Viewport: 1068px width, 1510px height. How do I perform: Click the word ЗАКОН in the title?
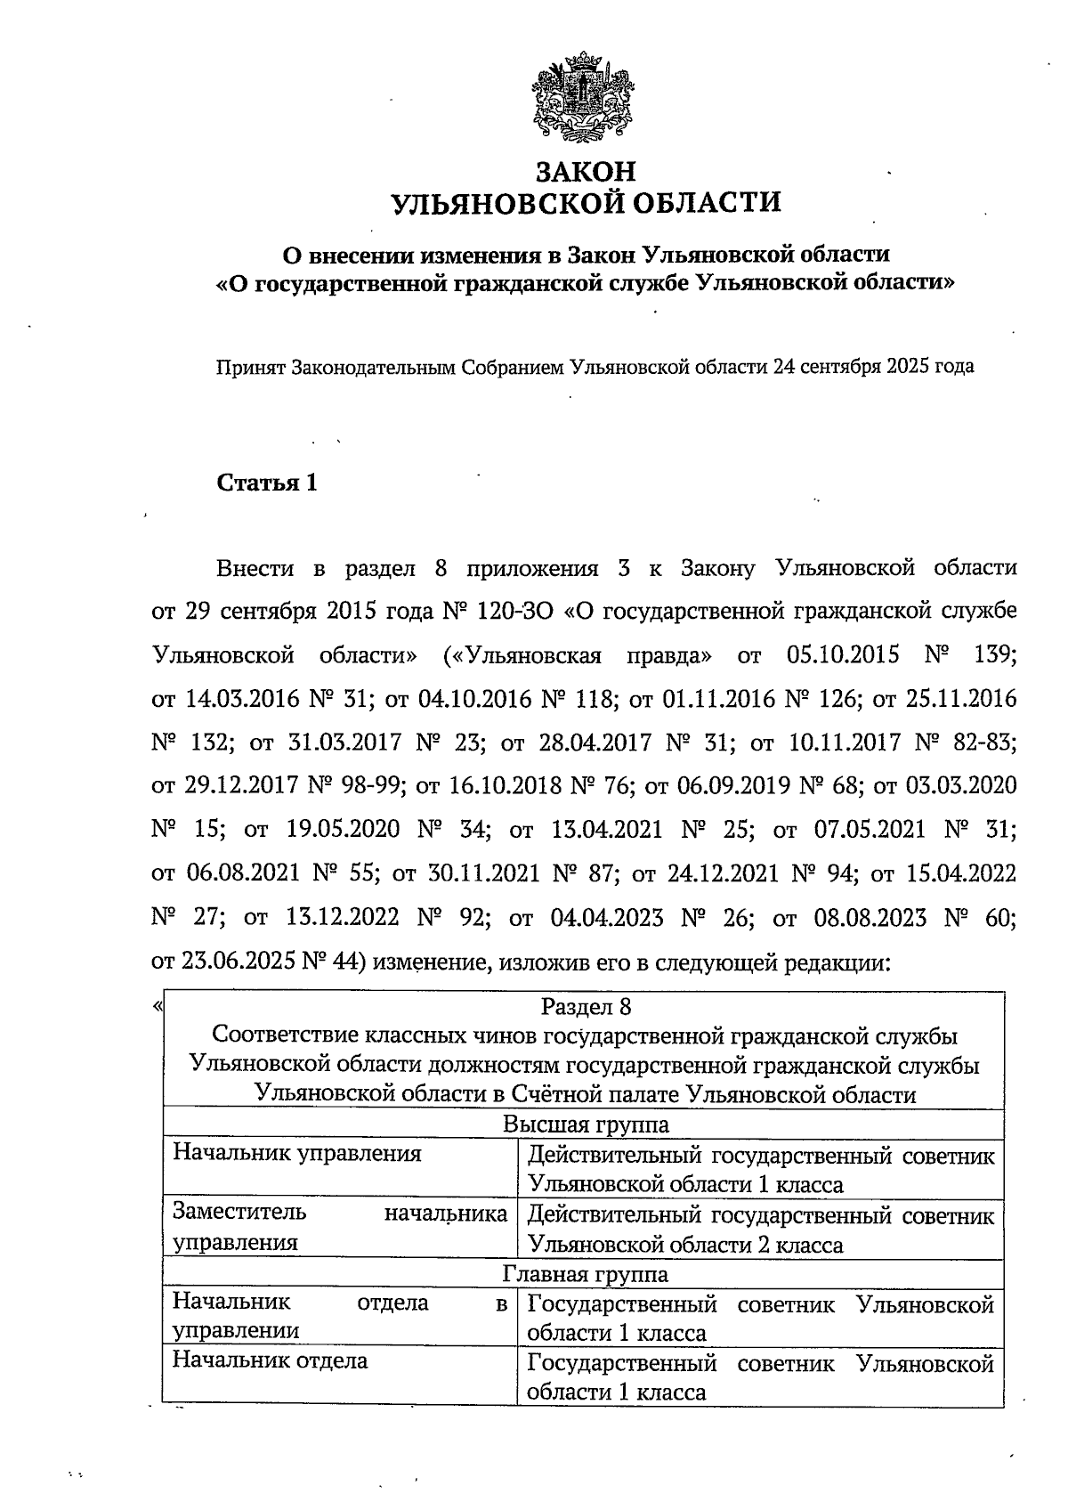point(586,169)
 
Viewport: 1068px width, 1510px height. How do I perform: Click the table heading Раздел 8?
point(586,1007)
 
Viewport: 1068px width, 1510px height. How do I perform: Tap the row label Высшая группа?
point(586,1124)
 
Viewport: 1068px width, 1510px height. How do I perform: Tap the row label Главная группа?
point(586,1274)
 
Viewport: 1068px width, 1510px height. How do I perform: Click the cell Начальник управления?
point(296,1154)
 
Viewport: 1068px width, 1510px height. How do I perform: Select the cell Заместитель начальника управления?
point(339,1227)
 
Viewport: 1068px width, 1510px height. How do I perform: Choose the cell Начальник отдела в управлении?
point(339,1317)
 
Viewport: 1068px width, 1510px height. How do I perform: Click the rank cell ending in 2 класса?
point(761,1229)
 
